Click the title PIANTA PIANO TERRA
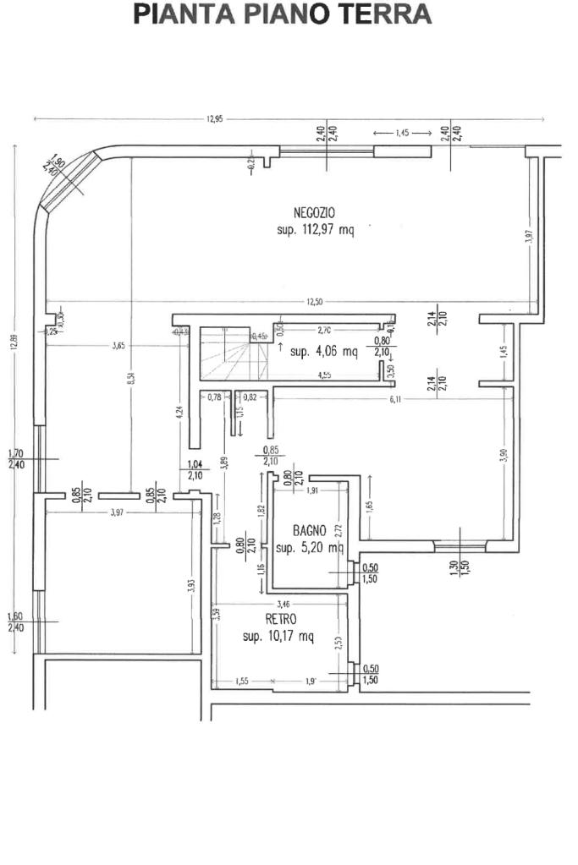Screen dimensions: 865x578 click(x=283, y=15)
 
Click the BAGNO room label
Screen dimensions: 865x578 click(x=310, y=531)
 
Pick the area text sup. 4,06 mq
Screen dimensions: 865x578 click(x=323, y=352)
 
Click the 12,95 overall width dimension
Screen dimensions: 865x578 click(x=214, y=119)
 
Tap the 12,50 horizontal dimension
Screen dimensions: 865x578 click(x=315, y=302)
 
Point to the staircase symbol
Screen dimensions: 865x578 click(x=225, y=353)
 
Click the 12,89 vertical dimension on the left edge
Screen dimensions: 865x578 click(x=14, y=346)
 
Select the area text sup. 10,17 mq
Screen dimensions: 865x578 click(x=278, y=637)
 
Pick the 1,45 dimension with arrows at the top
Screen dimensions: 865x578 click(x=402, y=133)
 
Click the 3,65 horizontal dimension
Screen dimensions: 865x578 click(x=118, y=345)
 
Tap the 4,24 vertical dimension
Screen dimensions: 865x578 click(x=179, y=413)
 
